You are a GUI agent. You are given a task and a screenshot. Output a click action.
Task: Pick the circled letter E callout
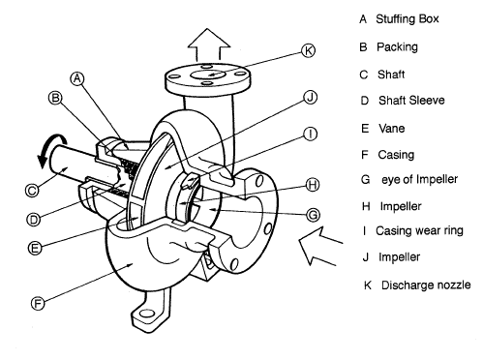pos(36,248)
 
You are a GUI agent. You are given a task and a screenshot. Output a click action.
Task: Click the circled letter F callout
pos(37,302)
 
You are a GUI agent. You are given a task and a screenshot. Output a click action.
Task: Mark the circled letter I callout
pos(309,135)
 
